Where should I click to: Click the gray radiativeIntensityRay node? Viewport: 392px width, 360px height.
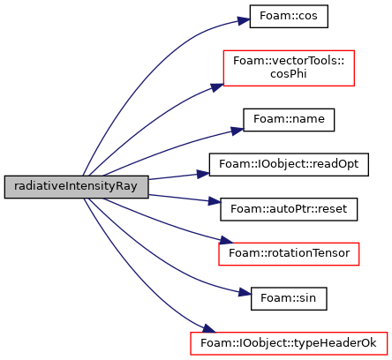point(76,187)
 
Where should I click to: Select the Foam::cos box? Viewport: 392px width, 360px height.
point(289,17)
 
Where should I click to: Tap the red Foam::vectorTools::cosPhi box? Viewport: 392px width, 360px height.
point(289,68)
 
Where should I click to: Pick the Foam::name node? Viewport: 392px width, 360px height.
point(289,120)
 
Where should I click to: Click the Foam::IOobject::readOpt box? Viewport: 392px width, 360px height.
point(289,164)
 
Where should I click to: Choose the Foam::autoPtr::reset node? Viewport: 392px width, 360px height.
point(289,209)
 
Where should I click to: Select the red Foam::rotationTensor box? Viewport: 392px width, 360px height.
point(289,254)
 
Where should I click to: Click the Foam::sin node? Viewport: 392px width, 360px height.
point(289,298)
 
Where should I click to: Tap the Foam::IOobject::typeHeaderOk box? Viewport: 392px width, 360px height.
point(289,343)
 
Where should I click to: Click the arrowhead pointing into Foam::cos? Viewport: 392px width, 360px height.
point(245,20)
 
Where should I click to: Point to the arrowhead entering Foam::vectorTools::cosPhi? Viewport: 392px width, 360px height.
point(217,87)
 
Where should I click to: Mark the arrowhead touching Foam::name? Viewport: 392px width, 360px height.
point(237,131)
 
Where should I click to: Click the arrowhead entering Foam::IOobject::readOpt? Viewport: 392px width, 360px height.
point(203,174)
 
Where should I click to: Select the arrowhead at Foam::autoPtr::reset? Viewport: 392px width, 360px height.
point(215,201)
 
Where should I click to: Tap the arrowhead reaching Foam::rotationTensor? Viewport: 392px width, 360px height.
point(226,240)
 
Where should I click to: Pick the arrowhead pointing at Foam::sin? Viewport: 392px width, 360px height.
point(245,292)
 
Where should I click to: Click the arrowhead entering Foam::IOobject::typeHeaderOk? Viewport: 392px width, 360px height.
point(209,328)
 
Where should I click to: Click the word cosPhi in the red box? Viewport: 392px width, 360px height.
point(289,74)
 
